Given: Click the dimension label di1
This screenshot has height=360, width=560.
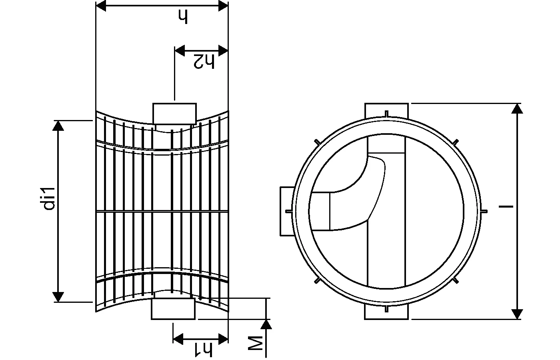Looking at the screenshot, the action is pos(49,199).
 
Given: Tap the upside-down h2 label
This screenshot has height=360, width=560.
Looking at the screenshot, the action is pos(204,61).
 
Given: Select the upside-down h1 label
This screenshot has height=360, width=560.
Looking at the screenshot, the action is pos(204,350).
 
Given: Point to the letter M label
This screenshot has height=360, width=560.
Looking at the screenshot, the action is pos(256,343).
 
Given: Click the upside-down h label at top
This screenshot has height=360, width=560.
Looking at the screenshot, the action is pos(183,17).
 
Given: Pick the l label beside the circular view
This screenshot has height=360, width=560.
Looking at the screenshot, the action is pos(506,206).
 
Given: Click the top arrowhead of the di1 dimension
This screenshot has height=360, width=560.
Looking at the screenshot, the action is pos(58,126).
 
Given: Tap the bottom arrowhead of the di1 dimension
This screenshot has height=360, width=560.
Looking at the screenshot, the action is pos(58,297).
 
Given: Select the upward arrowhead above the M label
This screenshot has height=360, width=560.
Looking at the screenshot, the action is pos(266,324).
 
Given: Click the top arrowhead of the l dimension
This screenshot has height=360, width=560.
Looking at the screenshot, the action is pos(517,108).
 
